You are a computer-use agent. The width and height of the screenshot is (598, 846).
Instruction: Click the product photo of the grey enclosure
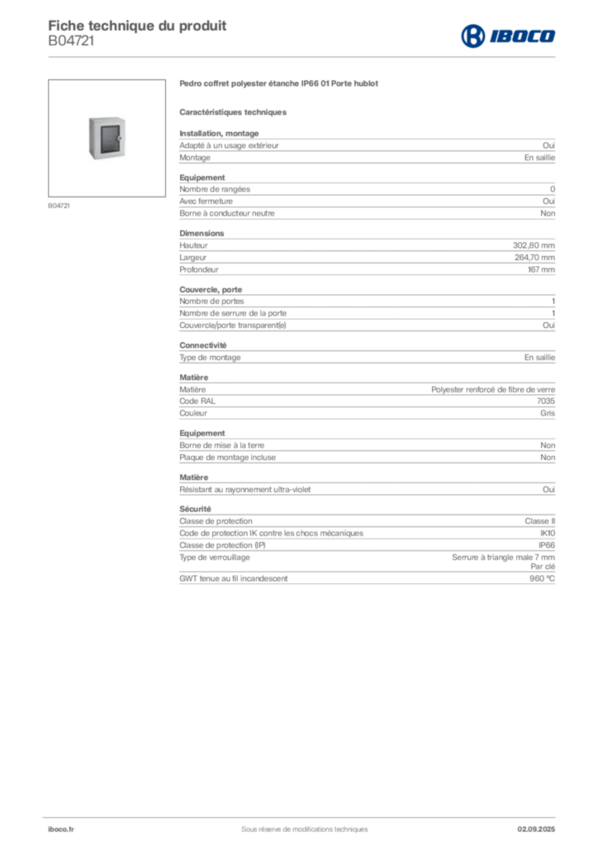tap(109, 138)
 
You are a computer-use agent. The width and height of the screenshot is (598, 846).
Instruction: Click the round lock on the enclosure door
tap(121, 138)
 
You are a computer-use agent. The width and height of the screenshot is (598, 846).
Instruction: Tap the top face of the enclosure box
tap(107, 116)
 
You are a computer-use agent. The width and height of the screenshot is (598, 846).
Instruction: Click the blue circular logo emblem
tap(472, 36)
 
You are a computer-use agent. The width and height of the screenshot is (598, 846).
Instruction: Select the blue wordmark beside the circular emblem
tap(523, 36)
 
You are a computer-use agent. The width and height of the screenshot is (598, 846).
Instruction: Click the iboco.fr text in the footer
tap(60, 828)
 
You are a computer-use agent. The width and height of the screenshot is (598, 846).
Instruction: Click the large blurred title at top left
tap(137, 24)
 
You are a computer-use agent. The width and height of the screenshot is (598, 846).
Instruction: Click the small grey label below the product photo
tap(59, 205)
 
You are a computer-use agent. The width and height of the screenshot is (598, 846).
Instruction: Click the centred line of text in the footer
tap(297, 823)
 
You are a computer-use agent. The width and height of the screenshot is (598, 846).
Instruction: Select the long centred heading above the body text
tap(281, 85)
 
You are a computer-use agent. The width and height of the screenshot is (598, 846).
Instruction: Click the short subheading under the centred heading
tap(235, 112)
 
